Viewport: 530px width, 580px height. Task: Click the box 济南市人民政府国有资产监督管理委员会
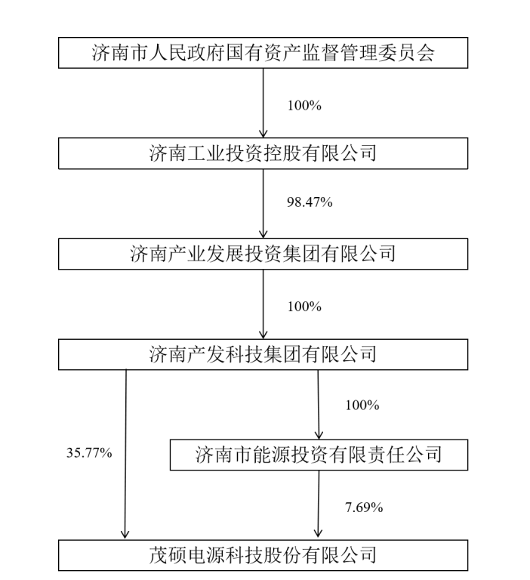263,53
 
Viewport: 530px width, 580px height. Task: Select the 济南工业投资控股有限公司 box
263,153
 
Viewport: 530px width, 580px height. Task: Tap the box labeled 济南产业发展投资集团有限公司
263,254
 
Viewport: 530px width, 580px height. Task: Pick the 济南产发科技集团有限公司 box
263,354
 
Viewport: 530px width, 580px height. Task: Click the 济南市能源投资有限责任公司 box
319,455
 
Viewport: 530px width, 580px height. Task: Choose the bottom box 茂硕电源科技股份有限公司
263,555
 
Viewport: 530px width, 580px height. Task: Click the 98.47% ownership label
310,202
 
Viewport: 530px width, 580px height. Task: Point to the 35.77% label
89,452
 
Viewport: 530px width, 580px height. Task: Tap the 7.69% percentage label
364,507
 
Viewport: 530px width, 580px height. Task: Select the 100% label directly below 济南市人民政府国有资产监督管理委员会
304,106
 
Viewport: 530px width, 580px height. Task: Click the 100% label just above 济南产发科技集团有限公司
304,307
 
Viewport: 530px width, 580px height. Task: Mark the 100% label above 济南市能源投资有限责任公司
362,405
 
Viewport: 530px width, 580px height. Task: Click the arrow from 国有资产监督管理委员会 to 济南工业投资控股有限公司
263,103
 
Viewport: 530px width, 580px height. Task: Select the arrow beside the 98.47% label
263,203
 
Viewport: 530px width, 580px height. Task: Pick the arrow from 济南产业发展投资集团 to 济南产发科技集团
263,304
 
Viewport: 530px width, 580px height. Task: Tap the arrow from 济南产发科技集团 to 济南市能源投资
319,405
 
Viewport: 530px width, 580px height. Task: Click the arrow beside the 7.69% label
319,504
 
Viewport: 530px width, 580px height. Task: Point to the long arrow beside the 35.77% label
125,453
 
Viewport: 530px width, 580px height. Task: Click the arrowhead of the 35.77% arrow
125,534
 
